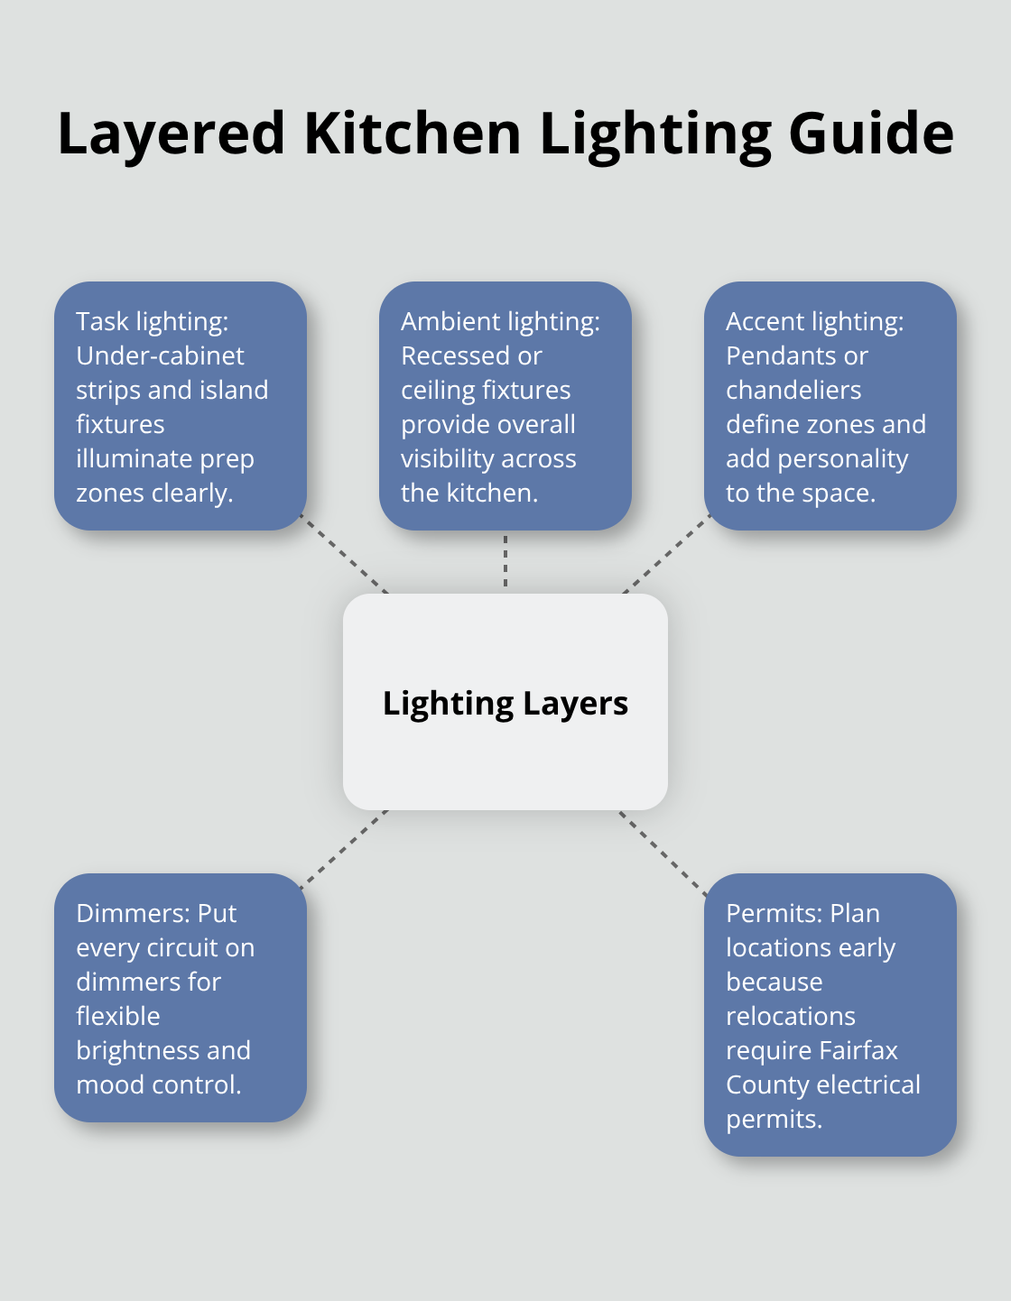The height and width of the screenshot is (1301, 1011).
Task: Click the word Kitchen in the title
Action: click(x=413, y=134)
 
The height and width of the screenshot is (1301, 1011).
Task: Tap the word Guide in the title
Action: click(x=870, y=134)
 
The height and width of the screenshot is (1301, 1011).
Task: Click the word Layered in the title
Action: click(x=172, y=134)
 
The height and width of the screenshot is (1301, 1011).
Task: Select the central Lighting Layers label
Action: click(x=505, y=703)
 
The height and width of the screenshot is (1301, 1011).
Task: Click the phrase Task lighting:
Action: click(x=152, y=321)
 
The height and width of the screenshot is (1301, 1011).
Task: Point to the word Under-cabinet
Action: click(x=160, y=355)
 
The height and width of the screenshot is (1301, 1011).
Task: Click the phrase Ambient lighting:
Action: click(x=500, y=321)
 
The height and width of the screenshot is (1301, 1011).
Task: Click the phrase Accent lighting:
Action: click(x=814, y=321)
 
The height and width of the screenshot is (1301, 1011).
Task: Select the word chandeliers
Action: click(x=793, y=390)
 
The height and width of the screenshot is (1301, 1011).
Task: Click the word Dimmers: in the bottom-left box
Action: click(x=132, y=913)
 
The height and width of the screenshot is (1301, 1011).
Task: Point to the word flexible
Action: click(x=117, y=1016)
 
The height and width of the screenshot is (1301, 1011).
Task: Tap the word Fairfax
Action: click(x=858, y=1050)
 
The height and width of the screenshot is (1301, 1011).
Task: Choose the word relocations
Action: click(x=790, y=1016)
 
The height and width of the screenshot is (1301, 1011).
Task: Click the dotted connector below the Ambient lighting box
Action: click(x=505, y=561)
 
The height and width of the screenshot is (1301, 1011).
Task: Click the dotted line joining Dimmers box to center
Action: click(x=344, y=848)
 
